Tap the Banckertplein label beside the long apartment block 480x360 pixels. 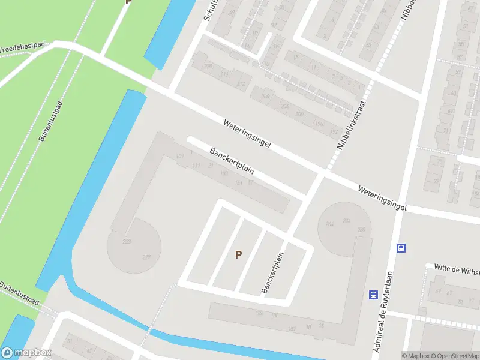(232, 161)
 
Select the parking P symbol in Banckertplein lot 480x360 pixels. (238, 254)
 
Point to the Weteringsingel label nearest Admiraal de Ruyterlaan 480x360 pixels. (382, 197)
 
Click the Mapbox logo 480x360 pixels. (26, 353)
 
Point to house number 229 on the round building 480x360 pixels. (127, 242)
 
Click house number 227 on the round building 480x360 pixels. (147, 258)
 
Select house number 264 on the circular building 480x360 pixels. (329, 224)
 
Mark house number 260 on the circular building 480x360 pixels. (361, 230)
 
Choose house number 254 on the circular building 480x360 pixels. (346, 221)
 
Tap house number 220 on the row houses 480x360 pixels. (208, 67)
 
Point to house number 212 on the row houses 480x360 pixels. (241, 83)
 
